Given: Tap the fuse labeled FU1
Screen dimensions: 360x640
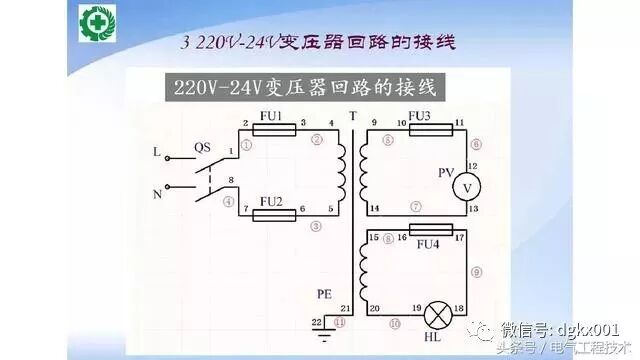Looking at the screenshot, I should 271,130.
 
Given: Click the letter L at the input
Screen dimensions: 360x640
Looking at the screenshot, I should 155,153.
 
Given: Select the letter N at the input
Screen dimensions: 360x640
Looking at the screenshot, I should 156,194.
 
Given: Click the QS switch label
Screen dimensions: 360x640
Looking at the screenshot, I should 202,146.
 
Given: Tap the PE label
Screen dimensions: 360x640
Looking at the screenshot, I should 323,295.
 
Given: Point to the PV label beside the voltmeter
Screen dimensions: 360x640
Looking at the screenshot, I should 446,173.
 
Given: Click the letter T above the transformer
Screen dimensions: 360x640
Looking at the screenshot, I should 352,117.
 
